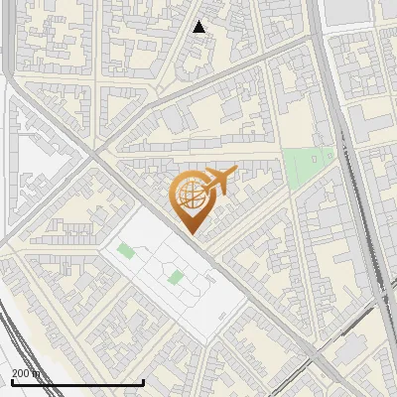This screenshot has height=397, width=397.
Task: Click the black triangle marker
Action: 199,27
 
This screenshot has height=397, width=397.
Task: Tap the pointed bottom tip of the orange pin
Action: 191,234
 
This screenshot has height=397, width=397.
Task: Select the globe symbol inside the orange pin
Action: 191,196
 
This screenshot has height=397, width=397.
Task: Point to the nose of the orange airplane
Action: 237,173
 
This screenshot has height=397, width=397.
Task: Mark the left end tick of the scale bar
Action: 11,382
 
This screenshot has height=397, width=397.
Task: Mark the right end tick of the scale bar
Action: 144,382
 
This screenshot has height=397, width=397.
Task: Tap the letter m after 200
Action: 37,373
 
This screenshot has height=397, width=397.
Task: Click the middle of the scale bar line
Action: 77,382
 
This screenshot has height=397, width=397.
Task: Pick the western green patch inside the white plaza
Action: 125,250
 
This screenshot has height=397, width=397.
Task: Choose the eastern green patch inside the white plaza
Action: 175,277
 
